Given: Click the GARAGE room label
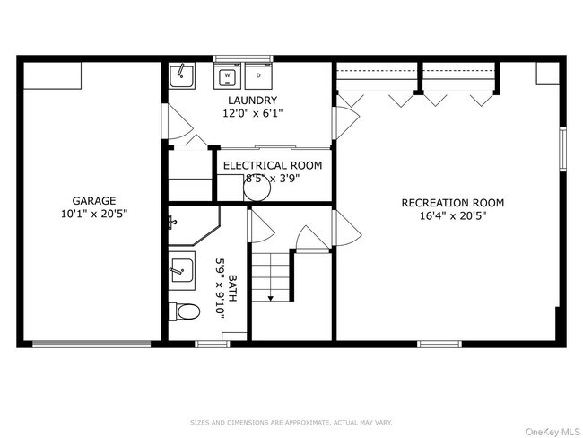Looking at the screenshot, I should click(x=94, y=201).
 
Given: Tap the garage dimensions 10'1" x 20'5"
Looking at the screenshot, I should click(x=94, y=215).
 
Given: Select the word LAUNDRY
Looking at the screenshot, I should click(x=252, y=101).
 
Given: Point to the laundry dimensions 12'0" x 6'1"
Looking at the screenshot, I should click(x=252, y=114).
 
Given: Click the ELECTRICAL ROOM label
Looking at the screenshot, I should click(x=272, y=165).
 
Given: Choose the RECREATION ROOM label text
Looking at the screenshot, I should click(x=452, y=203).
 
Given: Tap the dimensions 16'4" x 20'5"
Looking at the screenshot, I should click(x=452, y=216).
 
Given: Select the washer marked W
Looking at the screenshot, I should click(x=228, y=76).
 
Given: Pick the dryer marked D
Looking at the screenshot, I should click(x=258, y=76).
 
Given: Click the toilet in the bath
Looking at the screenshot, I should click(x=184, y=311).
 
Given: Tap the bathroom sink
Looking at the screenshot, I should click(x=181, y=268).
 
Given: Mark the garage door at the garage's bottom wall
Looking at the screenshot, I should click(x=91, y=342).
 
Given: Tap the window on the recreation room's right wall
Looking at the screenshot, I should click(x=562, y=149).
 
